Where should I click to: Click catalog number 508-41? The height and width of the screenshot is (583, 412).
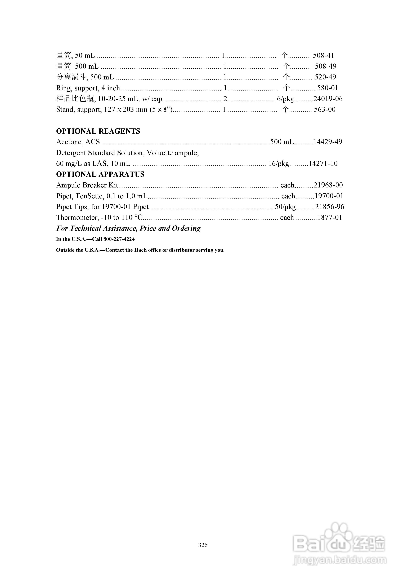[323, 55]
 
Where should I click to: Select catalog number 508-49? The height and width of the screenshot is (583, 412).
[325, 66]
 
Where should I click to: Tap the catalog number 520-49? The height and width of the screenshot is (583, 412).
[325, 77]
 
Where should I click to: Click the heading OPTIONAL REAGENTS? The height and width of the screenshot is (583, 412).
[98, 131]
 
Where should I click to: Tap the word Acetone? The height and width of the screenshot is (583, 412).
[69, 142]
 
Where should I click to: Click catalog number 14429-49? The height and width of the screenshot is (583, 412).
[328, 142]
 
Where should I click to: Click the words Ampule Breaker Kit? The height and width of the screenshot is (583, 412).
[87, 185]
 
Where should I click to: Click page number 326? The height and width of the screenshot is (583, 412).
[203, 545]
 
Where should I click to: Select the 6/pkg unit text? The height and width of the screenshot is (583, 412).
[285, 99]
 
